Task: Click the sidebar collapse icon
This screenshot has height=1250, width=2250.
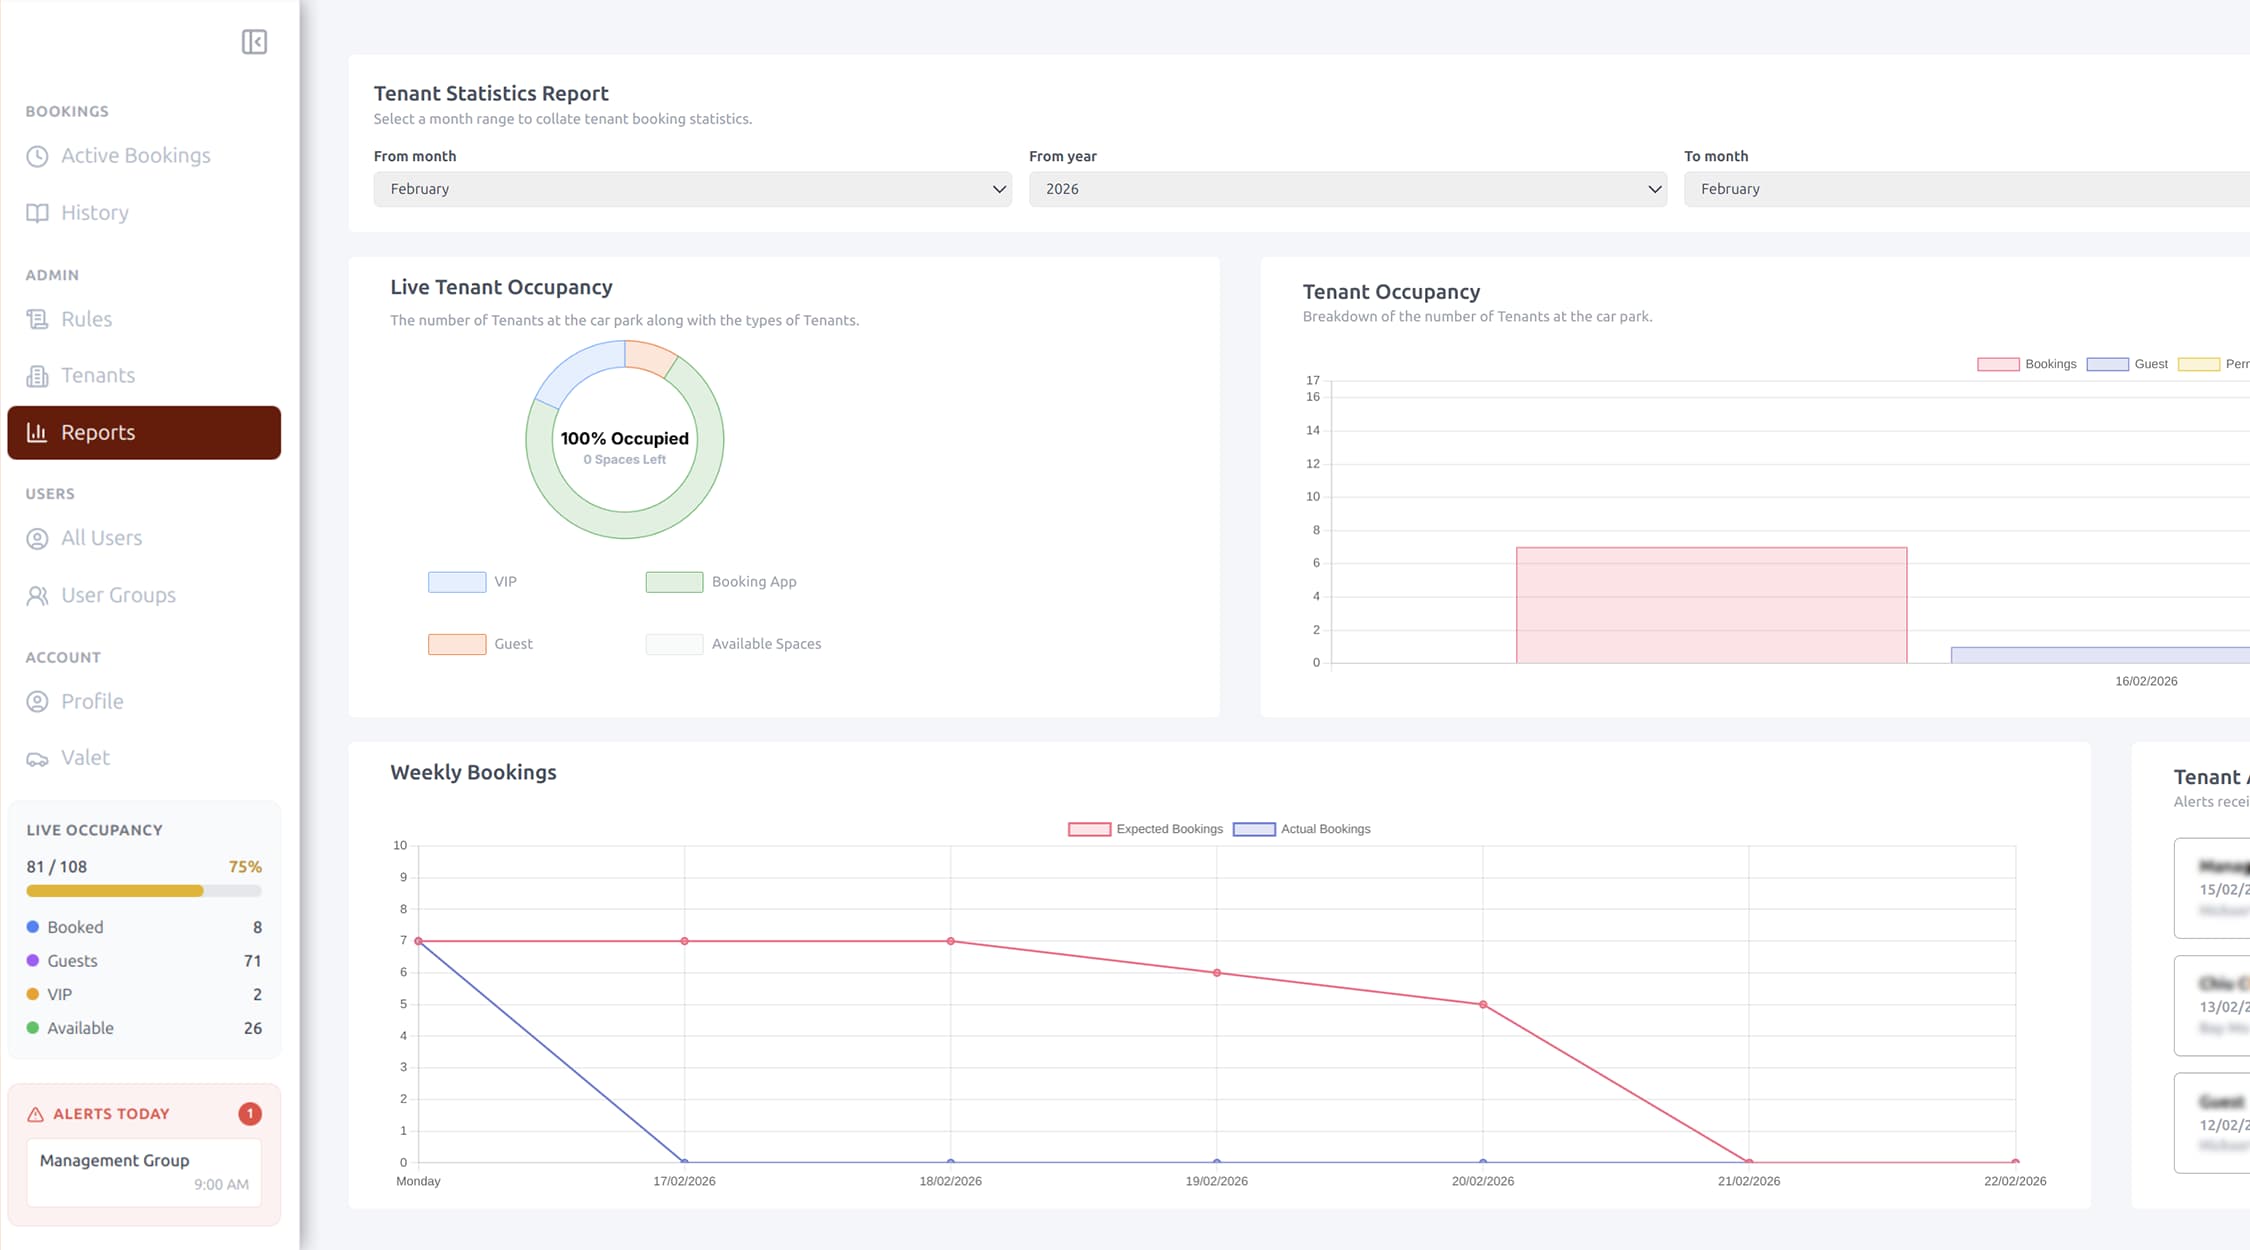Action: (254, 42)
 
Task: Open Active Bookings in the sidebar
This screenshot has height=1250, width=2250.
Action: (135, 156)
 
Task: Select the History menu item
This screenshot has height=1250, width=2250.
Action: (94, 213)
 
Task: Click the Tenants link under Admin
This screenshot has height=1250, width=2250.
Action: (97, 376)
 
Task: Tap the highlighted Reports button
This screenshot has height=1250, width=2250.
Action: (144, 433)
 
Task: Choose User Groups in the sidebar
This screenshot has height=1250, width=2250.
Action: (118, 596)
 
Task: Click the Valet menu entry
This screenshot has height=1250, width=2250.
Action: (85, 758)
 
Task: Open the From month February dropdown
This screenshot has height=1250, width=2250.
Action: (692, 189)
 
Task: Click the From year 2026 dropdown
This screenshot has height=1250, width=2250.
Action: (1347, 189)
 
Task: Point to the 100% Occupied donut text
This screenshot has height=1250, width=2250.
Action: (624, 439)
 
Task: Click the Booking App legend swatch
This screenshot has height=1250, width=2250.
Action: (674, 582)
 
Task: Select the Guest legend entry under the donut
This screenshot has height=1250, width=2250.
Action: (512, 644)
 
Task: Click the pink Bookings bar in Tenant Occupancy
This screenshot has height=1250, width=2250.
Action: (1711, 605)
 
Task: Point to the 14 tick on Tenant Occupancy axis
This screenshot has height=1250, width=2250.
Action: (1312, 431)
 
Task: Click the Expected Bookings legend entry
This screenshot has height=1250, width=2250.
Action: (1146, 829)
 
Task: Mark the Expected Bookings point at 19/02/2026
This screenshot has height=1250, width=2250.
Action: (1217, 973)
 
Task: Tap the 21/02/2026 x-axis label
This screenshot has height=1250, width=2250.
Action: (1748, 1181)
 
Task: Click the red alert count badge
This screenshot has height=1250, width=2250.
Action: (250, 1114)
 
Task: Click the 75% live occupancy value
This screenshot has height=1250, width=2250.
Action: (245, 867)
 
